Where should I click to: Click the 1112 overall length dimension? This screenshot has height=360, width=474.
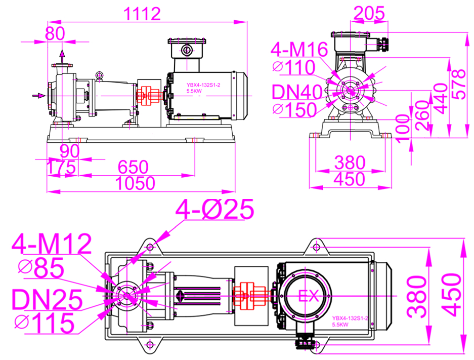point(142,14)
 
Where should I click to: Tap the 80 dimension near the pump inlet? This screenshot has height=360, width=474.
point(55,33)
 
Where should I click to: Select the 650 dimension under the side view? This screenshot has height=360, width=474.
point(133,167)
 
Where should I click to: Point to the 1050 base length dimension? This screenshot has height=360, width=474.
point(135,183)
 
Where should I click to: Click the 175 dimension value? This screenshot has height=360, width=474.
point(61,167)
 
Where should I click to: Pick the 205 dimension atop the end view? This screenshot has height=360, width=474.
point(369,13)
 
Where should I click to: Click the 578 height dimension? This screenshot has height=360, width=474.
point(459,85)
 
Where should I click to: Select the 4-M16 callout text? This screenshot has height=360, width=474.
point(299,49)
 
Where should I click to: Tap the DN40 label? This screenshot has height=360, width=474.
point(297,92)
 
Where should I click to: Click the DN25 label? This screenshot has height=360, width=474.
point(47,299)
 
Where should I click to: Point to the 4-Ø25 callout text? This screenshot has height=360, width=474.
point(215,209)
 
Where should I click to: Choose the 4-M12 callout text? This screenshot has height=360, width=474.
point(52,244)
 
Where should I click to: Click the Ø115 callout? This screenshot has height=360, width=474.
point(45,323)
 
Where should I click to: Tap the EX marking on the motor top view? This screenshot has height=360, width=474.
point(309,296)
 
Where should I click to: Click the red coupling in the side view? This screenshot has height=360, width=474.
point(148,96)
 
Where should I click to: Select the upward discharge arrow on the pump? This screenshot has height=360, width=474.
point(62,56)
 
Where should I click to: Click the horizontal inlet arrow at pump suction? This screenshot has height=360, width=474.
point(39,96)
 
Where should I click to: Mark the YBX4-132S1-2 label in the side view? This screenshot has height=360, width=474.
point(203,85)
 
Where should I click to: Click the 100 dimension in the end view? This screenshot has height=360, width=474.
point(403,129)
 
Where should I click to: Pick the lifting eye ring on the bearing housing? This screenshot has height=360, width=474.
point(99,75)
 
